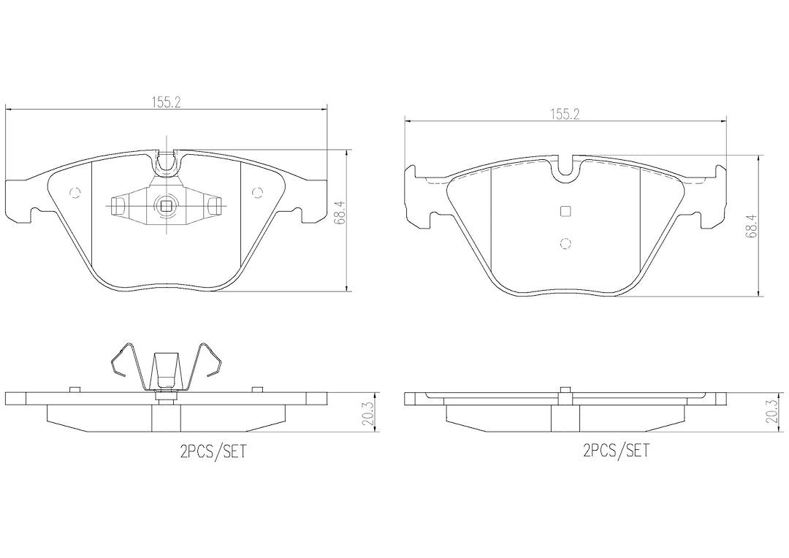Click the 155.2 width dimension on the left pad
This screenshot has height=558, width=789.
166,103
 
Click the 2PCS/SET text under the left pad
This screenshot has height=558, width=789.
214,451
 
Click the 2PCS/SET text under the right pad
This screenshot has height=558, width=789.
616,451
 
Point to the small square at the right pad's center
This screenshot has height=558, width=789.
565,211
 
